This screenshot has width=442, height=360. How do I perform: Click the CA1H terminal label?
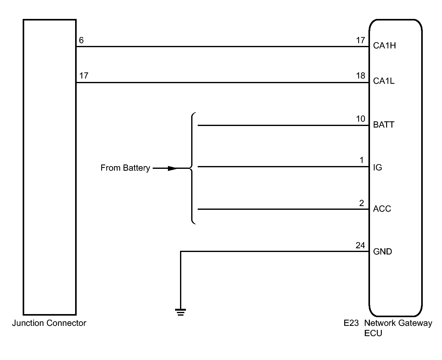(384, 46)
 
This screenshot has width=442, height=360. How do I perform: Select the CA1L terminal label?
(384, 81)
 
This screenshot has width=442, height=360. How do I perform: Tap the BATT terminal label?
(384, 125)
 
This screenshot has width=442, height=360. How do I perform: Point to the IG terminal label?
(377, 168)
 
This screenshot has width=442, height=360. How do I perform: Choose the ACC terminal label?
(382, 209)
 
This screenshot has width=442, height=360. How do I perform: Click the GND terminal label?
(382, 251)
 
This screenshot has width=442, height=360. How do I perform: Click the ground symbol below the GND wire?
(180, 312)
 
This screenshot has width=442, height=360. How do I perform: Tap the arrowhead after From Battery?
(173, 168)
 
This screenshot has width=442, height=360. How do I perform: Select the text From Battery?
(125, 168)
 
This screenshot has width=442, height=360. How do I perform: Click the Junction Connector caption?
(49, 323)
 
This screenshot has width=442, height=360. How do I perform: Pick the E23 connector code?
(351, 323)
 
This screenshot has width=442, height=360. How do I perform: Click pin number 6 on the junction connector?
(81, 40)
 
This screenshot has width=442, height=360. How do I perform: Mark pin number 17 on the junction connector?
(83, 75)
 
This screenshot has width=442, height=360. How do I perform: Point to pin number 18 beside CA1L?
(360, 76)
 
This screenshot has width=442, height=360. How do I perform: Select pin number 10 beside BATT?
(360, 119)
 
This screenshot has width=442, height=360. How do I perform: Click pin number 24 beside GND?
(360, 245)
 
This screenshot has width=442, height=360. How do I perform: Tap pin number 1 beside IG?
(362, 160)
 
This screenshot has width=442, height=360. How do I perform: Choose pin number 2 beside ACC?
(362, 203)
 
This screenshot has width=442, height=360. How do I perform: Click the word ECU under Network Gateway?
(373, 333)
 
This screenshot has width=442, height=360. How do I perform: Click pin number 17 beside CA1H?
(360, 40)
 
